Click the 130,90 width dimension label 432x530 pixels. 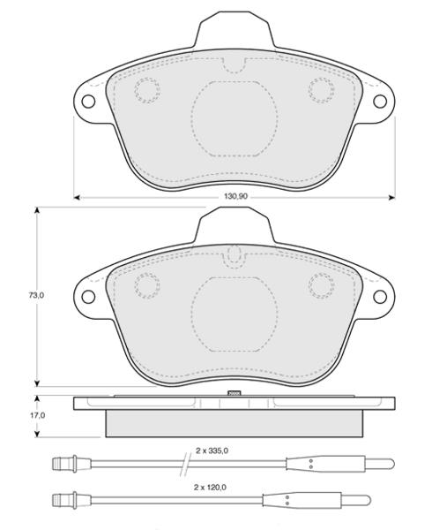[x=235, y=196]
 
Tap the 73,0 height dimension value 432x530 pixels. [x=36, y=295]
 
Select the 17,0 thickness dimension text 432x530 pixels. [x=37, y=416]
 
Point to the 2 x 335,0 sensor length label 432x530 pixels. [x=212, y=450]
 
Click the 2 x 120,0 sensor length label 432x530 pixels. [x=210, y=488]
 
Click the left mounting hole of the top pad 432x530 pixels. [x=88, y=101]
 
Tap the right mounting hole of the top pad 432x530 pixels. [x=380, y=101]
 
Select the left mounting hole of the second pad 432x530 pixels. [x=88, y=297]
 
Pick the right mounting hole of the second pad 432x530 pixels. [x=380, y=297]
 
